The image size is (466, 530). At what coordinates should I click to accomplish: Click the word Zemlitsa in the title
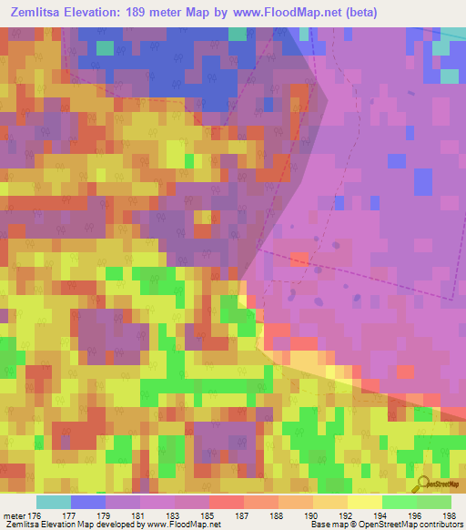pos(35,13)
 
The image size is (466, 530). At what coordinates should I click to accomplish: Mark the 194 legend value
pos(381,515)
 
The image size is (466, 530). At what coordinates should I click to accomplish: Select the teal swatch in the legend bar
pos(54,502)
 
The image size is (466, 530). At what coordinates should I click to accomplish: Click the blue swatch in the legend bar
pos(88,502)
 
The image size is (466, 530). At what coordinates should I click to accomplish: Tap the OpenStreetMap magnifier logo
pos(421,484)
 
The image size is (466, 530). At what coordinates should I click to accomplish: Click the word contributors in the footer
pos(438,525)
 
